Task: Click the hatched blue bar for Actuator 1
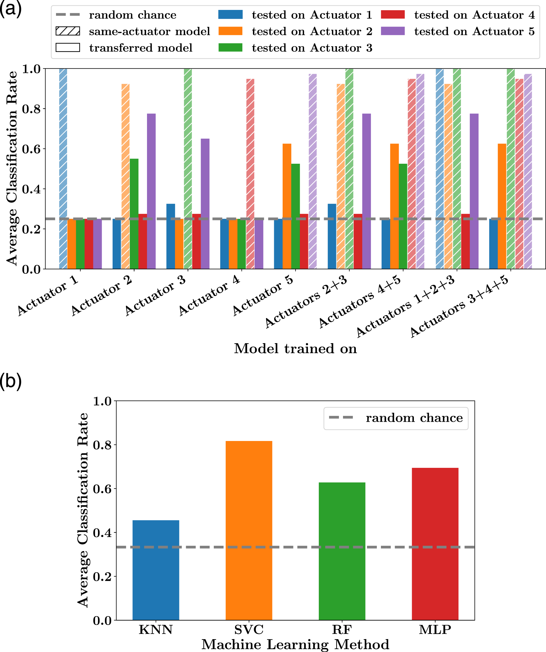[x=63, y=169]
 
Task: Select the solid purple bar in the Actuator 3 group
[x=205, y=204]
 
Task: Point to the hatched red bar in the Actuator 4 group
[x=250, y=174]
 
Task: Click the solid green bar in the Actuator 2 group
[x=134, y=214]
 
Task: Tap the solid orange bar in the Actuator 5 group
[x=287, y=206]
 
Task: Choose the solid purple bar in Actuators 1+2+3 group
[x=474, y=191]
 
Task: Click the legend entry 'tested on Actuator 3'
[x=295, y=48]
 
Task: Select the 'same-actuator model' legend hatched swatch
[x=68, y=31]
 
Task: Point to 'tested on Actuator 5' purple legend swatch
[x=393, y=31]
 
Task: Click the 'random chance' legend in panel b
[x=396, y=418]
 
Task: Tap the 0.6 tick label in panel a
[x=31, y=149]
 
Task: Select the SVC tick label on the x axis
[x=249, y=630]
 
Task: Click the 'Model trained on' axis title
[x=295, y=348]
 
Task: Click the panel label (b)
[x=11, y=381]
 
